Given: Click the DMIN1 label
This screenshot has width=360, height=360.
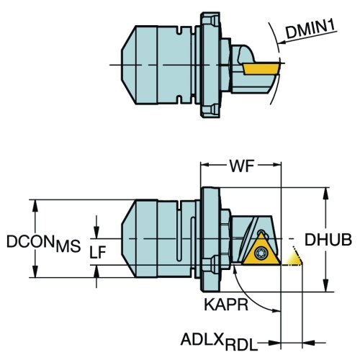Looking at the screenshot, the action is pos(310,30).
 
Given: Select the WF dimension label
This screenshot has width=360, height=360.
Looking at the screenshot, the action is pos(241,166).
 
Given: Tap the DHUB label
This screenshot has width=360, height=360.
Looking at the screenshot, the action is pos(328,240).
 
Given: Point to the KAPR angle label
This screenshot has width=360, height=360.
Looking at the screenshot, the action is pos(225,305).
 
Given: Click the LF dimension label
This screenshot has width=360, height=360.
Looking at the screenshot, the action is pos(98,252).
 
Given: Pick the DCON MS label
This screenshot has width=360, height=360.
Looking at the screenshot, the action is pos(44,243).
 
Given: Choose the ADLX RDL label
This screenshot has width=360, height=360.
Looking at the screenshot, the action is pos(219,341).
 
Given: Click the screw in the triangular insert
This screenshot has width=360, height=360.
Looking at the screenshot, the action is pos(260,253).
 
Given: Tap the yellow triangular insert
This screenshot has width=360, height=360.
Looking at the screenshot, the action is pos(261,251).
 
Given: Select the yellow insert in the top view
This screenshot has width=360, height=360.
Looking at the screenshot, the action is pos(261,69).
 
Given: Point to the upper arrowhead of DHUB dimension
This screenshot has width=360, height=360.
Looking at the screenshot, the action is pos(325,193).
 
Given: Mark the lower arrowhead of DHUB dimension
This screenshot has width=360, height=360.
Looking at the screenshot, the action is pos(325,286).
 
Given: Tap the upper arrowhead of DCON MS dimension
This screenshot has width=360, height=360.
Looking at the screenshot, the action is pos(35,205).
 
